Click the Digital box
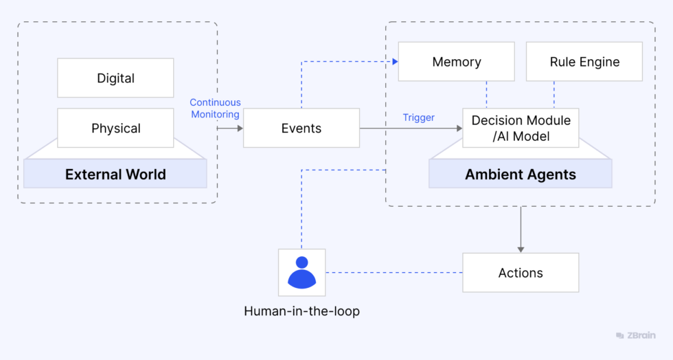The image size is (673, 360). point(115,78)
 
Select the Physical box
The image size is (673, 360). point(115,128)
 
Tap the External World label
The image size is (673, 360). point(115,174)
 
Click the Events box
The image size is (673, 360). point(301,128)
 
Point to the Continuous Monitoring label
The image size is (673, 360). point(215,109)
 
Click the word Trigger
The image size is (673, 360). point(418,117)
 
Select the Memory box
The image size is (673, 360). point(456,62)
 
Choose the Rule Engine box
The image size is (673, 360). point(584,62)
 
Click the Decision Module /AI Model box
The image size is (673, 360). point(521,128)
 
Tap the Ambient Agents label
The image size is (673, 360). point(520,174)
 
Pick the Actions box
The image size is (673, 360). point(520,273)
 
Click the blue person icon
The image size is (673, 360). point(301,272)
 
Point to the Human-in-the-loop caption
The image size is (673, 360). point(301,311)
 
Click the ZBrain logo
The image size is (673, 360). point(635,335)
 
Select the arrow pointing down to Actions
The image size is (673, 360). point(521,230)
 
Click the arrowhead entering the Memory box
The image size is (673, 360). point(395,62)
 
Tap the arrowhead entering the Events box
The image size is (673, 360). point(240,128)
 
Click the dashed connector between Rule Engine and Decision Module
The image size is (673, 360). point(554,95)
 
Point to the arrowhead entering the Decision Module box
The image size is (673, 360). point(459,128)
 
